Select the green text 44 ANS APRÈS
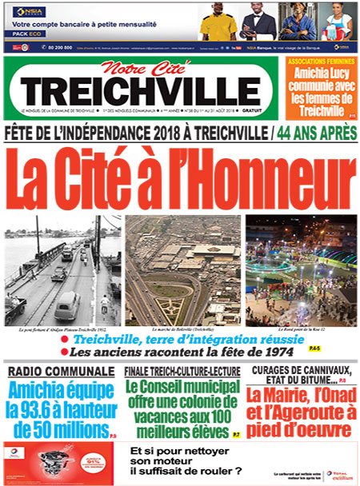coord(314,131)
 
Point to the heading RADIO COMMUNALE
coord(62,372)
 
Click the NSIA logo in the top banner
coord(25,12)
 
